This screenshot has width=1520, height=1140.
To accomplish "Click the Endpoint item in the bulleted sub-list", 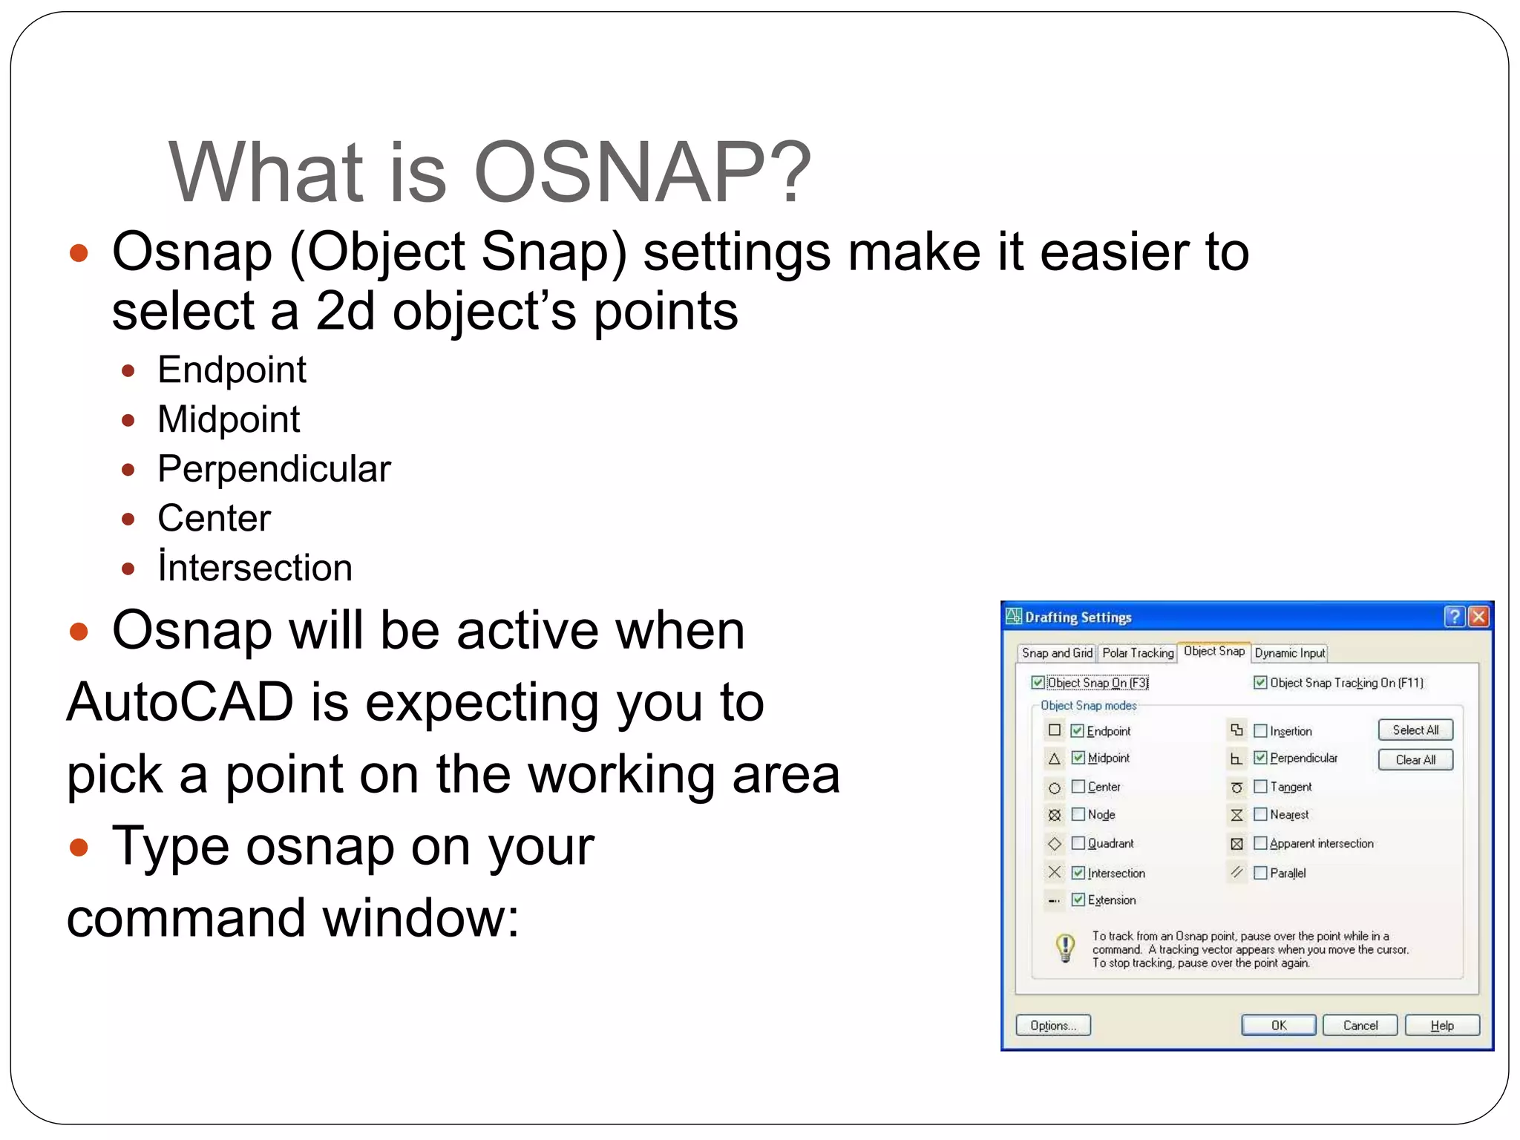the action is pyautogui.click(x=232, y=370).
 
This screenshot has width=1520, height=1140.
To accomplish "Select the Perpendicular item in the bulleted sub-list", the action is pyautogui.click(x=274, y=469).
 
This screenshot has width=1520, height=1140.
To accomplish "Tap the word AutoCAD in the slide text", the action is pyautogui.click(x=180, y=701).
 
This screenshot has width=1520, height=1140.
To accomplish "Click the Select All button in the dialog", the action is pyautogui.click(x=1415, y=730).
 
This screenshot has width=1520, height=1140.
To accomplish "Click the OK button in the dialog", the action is pyautogui.click(x=1279, y=1025).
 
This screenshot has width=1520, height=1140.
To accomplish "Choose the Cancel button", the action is pyautogui.click(x=1360, y=1025).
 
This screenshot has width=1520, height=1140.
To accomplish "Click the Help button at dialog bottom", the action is pyautogui.click(x=1442, y=1025).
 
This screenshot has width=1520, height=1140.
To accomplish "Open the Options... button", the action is pyautogui.click(x=1053, y=1025).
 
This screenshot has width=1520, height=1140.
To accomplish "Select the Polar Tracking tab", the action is pyautogui.click(x=1138, y=653).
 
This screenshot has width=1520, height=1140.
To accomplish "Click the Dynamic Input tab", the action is pyautogui.click(x=1290, y=653).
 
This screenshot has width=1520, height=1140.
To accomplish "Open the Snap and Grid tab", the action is pyautogui.click(x=1057, y=653).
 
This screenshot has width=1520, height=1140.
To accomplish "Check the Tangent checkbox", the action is pyautogui.click(x=1260, y=786).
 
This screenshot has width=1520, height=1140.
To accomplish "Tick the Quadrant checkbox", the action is pyautogui.click(x=1078, y=843).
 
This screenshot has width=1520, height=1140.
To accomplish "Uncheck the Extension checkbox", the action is pyautogui.click(x=1078, y=900).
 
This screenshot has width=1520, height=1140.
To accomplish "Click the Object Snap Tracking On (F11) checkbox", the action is pyautogui.click(x=1260, y=682).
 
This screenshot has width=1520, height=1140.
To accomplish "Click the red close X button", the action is pyautogui.click(x=1479, y=617).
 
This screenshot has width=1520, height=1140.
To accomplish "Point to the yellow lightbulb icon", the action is pyautogui.click(x=1065, y=948).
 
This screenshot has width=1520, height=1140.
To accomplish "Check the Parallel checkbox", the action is pyautogui.click(x=1260, y=873).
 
